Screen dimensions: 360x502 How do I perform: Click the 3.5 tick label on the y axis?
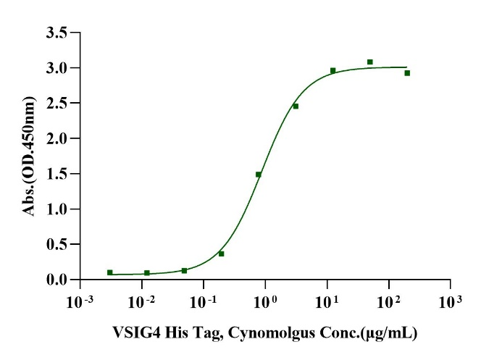point(58,33)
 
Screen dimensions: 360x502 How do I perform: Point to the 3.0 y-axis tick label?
point(58,68)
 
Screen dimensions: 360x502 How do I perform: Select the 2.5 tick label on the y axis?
point(58,103)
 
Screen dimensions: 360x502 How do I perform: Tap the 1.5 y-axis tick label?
point(58,174)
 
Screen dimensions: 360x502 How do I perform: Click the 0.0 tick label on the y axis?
point(58,280)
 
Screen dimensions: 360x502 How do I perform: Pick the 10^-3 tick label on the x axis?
point(80,300)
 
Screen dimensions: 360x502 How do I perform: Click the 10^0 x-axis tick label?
point(265,300)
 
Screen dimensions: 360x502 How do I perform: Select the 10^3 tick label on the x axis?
point(451,300)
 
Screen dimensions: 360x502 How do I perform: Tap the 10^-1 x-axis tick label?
point(204,300)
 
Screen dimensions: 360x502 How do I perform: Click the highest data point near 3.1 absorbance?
point(369,62)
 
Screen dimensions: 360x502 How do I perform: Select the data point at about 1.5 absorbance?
point(259,175)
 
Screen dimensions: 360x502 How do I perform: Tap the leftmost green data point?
point(109,272)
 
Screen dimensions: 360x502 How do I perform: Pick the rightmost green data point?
point(407,73)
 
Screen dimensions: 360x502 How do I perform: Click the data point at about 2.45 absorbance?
point(296,106)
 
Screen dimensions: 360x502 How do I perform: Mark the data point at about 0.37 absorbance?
point(222,254)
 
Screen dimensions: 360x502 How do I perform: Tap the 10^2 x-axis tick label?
point(389,300)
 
